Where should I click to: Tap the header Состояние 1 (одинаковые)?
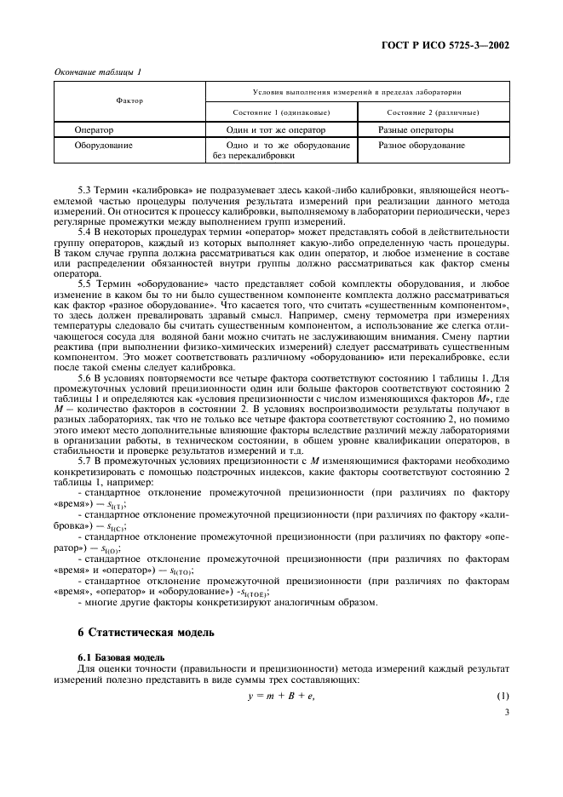tap(281, 112)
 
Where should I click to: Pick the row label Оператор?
tap(94, 130)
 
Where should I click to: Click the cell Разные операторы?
tap(416, 130)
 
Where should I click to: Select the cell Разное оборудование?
tap(422, 146)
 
